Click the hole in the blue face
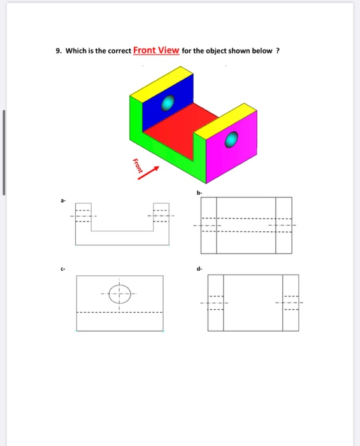(168, 103)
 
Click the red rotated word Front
(136, 164)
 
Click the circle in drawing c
(119, 294)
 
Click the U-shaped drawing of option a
(122, 236)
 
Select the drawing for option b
(246, 224)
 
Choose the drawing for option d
(253, 303)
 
